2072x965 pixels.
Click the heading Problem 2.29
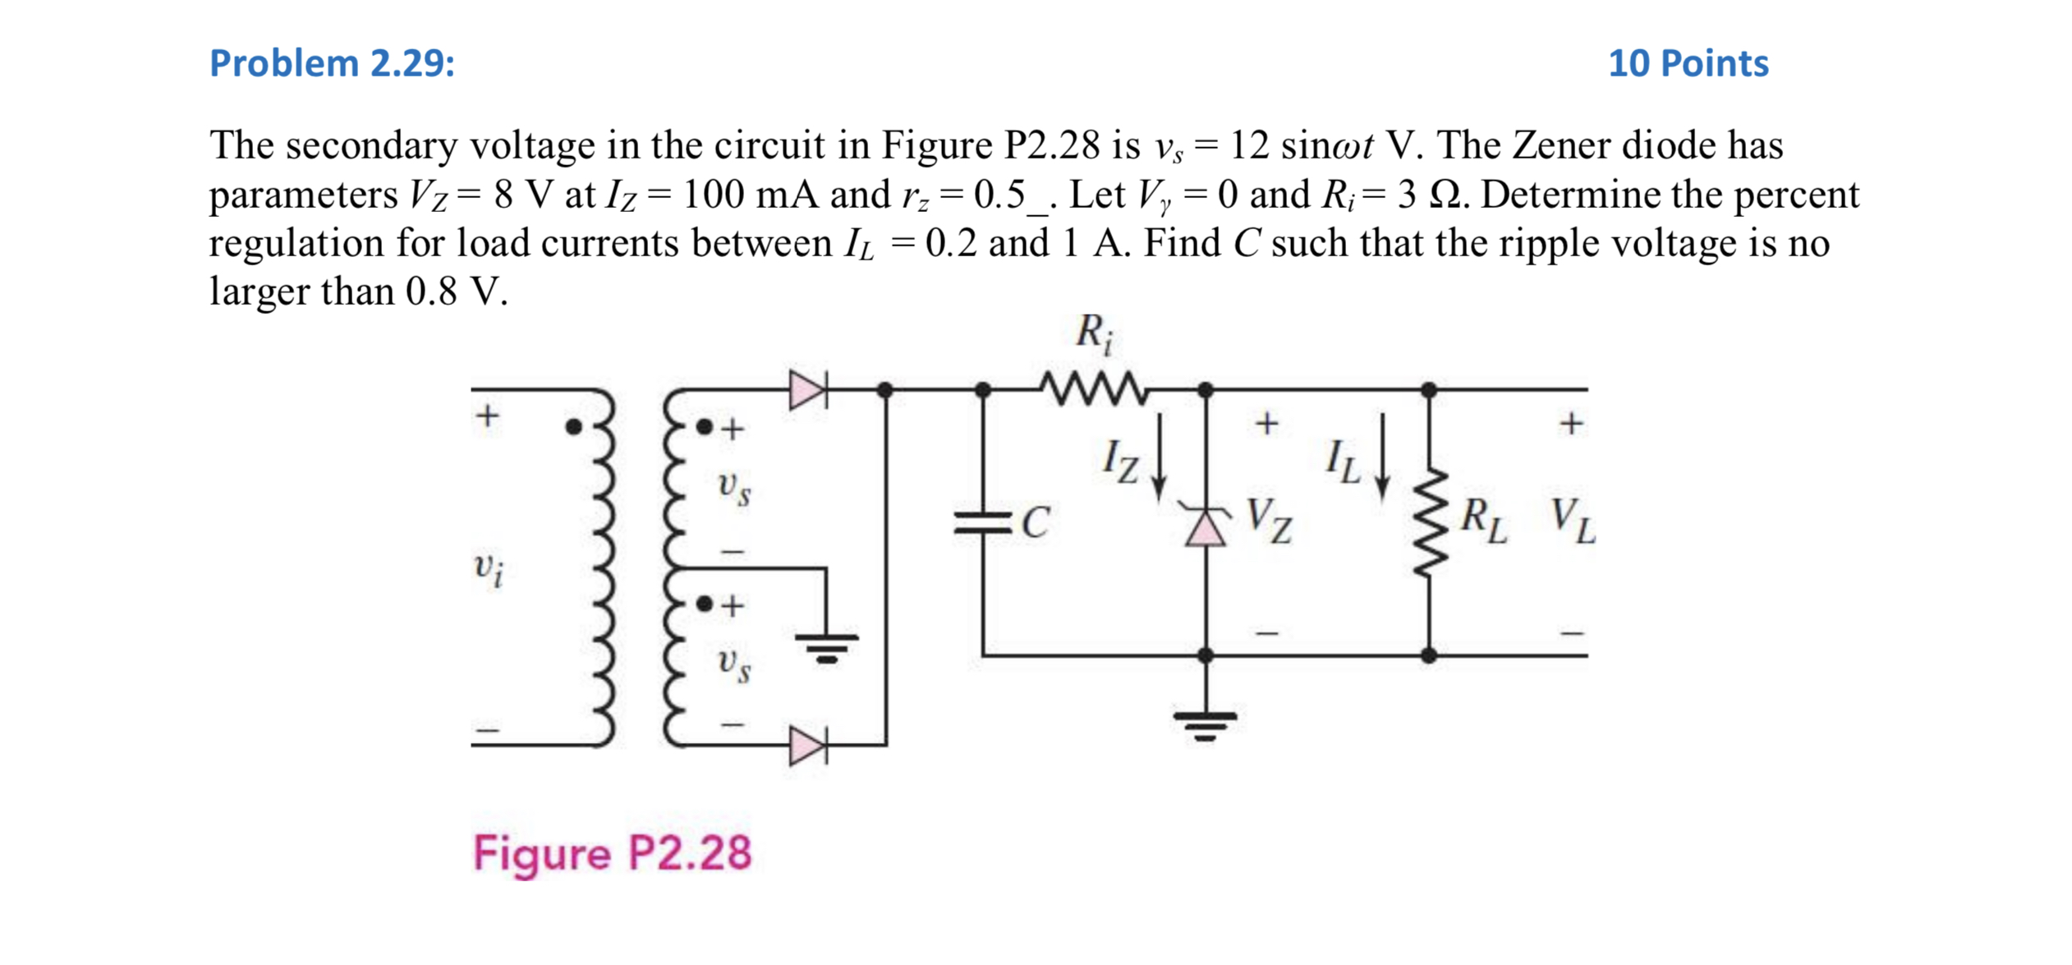click(332, 64)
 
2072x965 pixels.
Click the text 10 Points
click(1688, 64)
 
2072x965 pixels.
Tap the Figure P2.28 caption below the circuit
click(612, 852)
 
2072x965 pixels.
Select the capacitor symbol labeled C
click(983, 522)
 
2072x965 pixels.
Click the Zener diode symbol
click(1205, 526)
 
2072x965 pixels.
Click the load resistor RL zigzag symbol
click(1429, 522)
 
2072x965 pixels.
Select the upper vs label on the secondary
click(733, 488)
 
